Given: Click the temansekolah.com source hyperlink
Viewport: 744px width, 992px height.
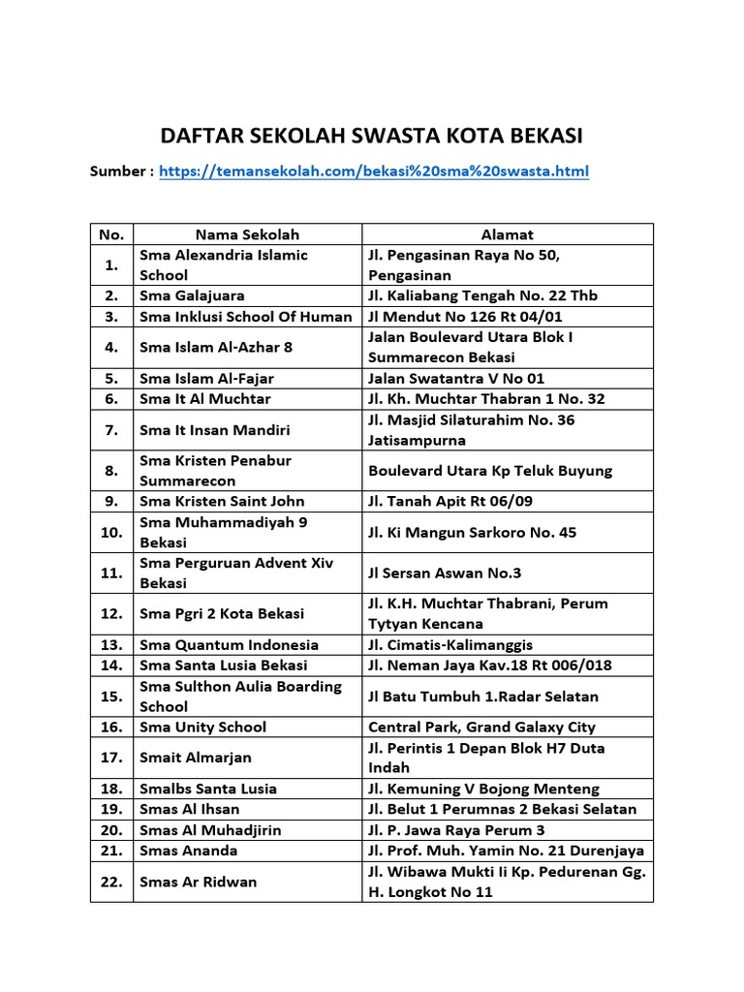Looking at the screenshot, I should point(373,171).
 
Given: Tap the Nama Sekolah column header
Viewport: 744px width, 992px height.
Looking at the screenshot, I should point(247,234).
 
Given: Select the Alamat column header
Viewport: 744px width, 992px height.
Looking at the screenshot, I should point(508,234).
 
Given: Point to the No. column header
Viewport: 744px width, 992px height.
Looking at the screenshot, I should point(111,234).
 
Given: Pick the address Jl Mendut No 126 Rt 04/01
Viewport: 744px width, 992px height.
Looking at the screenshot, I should point(465,316).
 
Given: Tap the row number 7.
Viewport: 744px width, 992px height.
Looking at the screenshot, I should point(111,429).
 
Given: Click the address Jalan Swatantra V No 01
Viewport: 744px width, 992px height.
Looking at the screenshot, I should point(463,378).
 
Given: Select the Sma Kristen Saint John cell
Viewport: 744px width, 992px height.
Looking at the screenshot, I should point(222,501).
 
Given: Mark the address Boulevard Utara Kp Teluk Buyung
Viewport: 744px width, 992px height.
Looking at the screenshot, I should point(490,471).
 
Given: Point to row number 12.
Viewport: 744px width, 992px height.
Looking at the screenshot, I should point(111,613).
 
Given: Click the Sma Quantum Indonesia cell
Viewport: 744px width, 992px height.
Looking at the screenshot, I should point(229,644).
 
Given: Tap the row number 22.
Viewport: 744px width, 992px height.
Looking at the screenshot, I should point(111,882).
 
